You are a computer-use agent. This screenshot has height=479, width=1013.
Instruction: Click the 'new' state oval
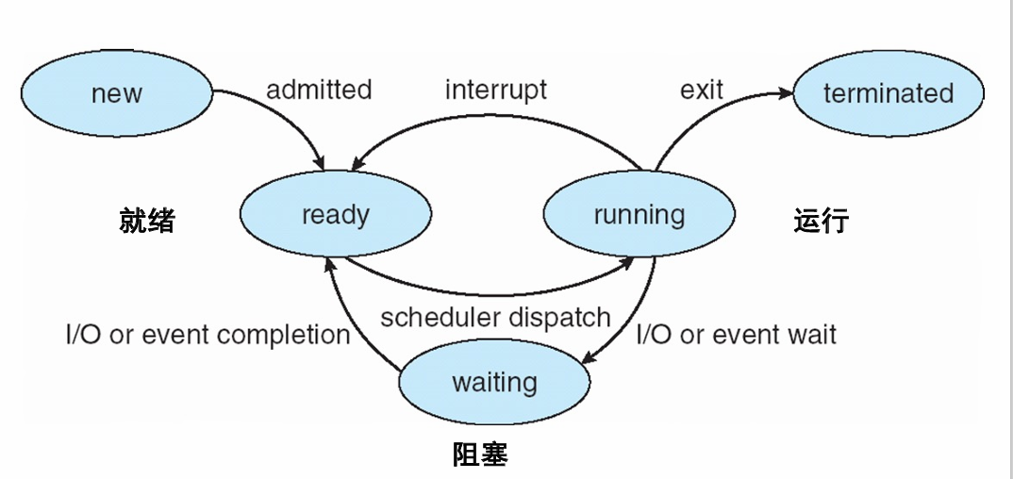[x=116, y=93]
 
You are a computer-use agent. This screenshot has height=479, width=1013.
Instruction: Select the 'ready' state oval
[x=336, y=215]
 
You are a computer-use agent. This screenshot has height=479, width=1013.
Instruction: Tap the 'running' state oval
[x=639, y=215]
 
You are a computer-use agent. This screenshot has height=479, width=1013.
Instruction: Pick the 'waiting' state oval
[x=494, y=383]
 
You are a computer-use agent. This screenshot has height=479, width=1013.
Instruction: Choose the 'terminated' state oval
[x=888, y=93]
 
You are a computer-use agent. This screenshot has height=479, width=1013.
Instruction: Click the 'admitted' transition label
[x=319, y=90]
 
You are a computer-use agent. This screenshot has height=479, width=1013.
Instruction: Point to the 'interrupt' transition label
[x=495, y=90]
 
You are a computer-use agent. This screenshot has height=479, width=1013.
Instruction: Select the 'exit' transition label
[x=701, y=90]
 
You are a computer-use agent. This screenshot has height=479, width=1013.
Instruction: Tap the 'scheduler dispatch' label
[x=495, y=317]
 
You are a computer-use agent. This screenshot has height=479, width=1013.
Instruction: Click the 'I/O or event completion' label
[x=208, y=335]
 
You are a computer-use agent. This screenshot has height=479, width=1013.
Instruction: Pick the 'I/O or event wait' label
[x=737, y=335]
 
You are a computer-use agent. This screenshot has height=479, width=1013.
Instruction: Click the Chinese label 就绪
[x=147, y=221]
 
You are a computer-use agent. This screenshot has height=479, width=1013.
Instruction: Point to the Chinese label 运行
[x=822, y=221]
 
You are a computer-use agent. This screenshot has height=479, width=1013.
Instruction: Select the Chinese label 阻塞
[x=480, y=455]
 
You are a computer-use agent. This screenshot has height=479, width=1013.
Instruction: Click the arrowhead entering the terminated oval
[x=785, y=92]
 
